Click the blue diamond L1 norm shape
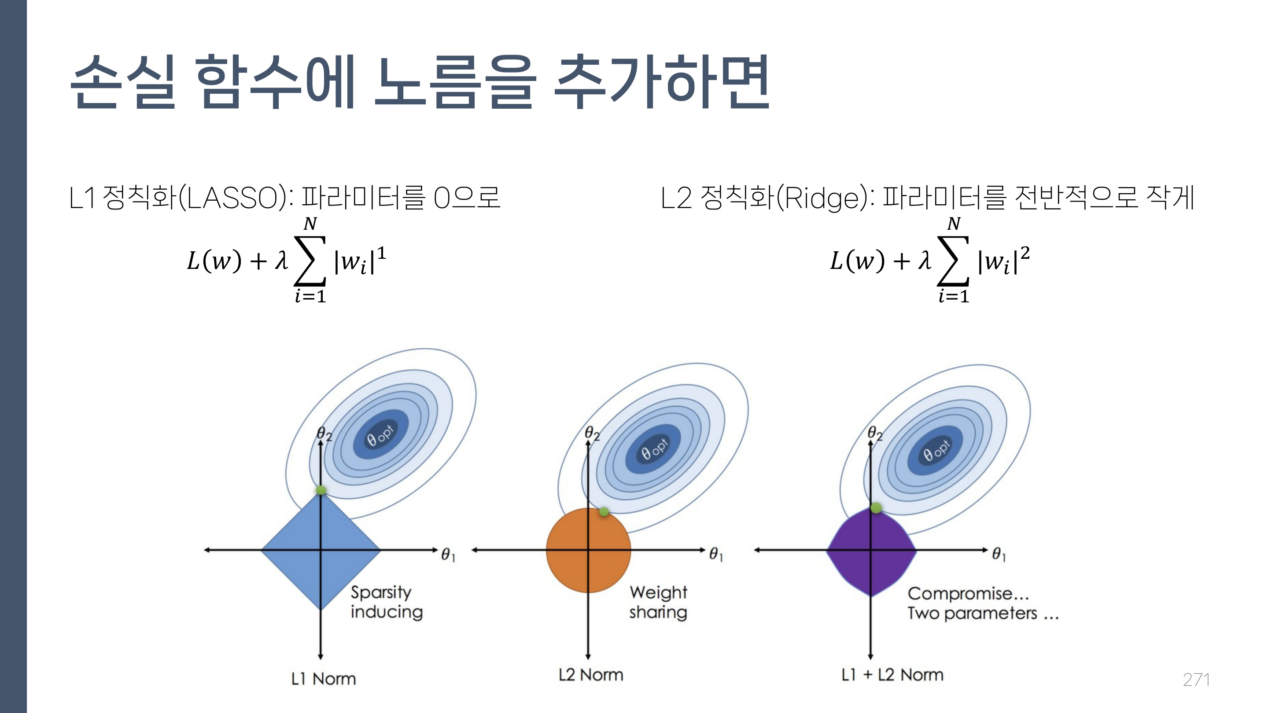[x=321, y=550]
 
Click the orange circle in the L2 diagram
[x=588, y=550]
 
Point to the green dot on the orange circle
[x=604, y=512]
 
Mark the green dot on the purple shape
[x=876, y=507]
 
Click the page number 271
[x=1196, y=680]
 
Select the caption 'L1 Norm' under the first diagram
[x=324, y=679]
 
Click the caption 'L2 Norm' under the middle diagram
[x=591, y=675]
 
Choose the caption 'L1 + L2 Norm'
[x=892, y=675]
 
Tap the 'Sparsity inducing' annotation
[x=387, y=602]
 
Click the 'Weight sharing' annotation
[x=658, y=602]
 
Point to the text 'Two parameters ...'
[x=983, y=614]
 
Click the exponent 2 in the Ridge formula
[x=1025, y=253]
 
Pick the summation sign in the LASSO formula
[x=310, y=261]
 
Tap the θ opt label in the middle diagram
[x=654, y=449]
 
